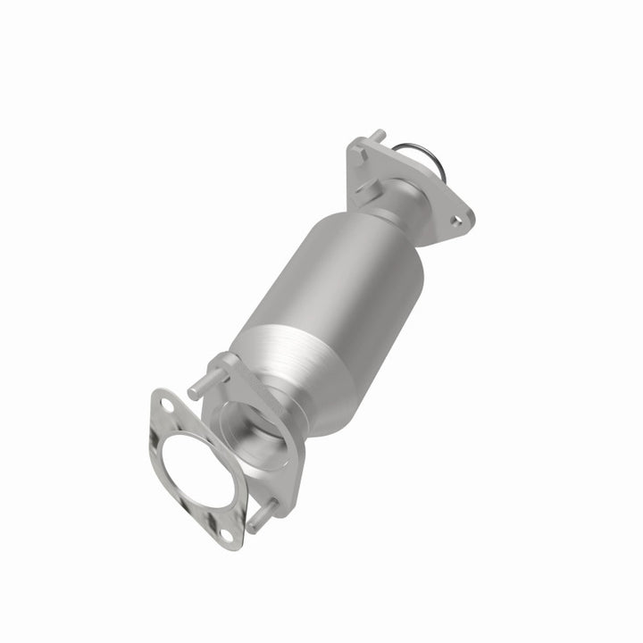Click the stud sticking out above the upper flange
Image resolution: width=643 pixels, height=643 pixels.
coord(380,137)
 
